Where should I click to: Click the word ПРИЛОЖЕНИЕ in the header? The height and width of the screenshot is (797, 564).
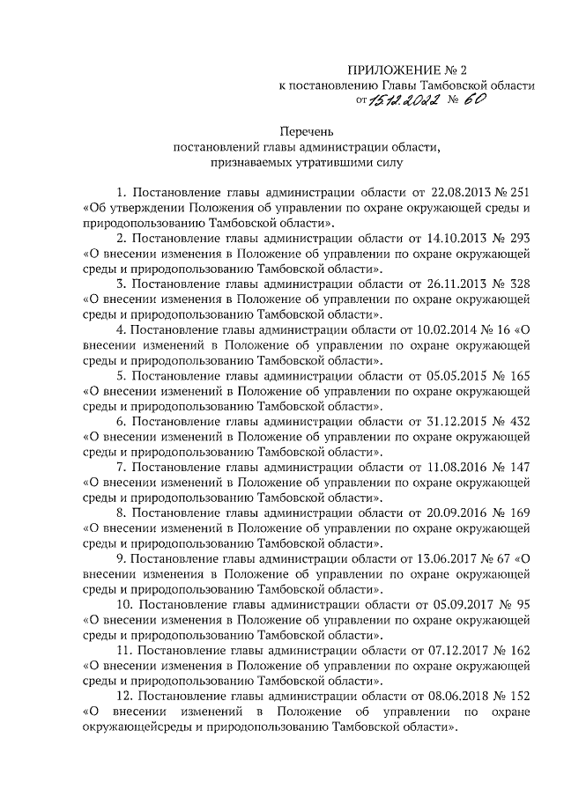[x=386, y=70]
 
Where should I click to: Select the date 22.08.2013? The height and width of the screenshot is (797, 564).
[x=461, y=192]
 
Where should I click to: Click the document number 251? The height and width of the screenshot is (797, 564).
[x=519, y=192]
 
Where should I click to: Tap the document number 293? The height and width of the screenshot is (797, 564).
[x=519, y=239]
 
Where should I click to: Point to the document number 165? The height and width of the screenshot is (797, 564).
[x=519, y=376]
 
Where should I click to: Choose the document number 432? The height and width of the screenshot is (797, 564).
[x=519, y=422]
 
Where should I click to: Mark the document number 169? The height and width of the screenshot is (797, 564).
[x=519, y=513]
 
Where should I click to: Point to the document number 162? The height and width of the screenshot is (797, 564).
[x=519, y=652]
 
